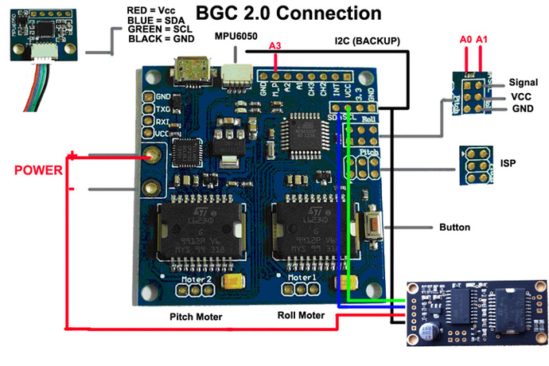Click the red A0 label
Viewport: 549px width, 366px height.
[x=465, y=38]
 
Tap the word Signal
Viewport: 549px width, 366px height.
[x=524, y=82]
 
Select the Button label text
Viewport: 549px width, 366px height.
[x=455, y=228]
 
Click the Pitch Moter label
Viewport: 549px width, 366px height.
[x=195, y=316]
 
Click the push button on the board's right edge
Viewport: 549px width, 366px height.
[x=371, y=225]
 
